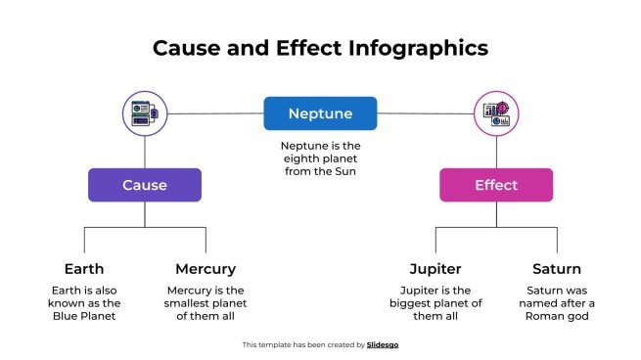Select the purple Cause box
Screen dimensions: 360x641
click(145, 185)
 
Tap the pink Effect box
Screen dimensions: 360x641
click(496, 185)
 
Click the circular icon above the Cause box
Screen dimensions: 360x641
click(145, 113)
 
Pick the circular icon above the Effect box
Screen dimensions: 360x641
click(496, 113)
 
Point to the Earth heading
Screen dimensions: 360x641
click(84, 268)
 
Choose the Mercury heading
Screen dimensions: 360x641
click(206, 268)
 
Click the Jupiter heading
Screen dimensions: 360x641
click(435, 268)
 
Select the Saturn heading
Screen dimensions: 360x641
click(557, 268)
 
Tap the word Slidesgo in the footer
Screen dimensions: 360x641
click(382, 344)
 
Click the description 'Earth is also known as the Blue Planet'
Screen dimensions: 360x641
click(84, 303)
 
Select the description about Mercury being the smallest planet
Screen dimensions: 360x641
click(206, 303)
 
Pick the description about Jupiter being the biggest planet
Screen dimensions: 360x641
click(435, 303)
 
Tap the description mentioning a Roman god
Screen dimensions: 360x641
click(557, 303)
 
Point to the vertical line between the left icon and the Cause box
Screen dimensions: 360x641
click(145, 151)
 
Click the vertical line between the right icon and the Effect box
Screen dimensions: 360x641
click(496, 151)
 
